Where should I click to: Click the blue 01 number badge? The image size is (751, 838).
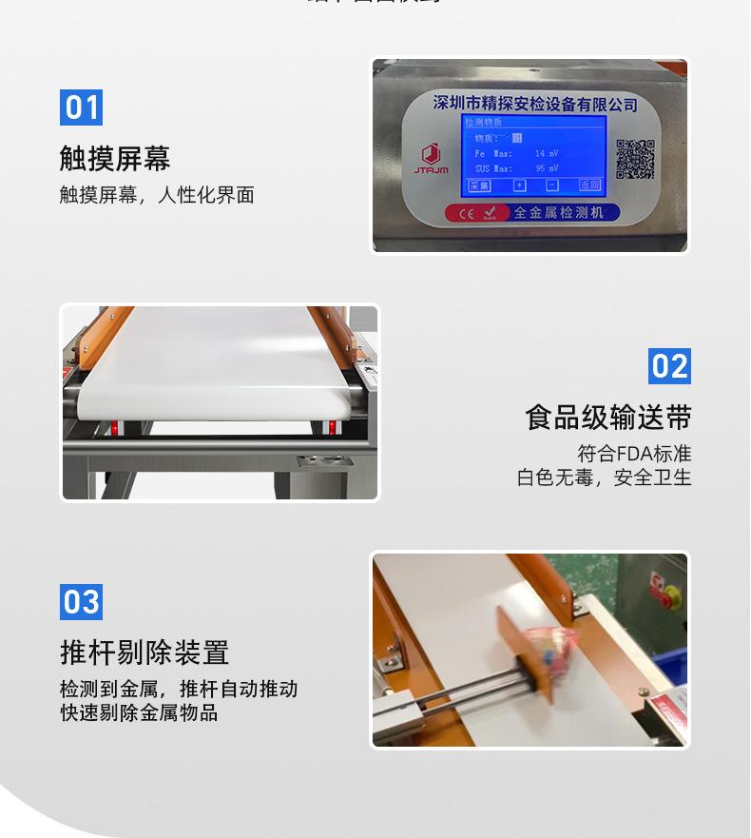point(81,107)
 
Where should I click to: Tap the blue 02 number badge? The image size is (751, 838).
point(669,366)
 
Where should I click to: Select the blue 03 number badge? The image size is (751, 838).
point(81,602)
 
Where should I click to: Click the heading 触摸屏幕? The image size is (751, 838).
point(115,158)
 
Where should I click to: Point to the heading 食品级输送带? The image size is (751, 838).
point(608,418)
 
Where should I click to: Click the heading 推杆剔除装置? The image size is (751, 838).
point(144,653)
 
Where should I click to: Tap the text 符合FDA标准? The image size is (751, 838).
point(634,453)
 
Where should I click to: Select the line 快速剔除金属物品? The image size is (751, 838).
point(139,712)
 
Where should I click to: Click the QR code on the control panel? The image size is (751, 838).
point(635,159)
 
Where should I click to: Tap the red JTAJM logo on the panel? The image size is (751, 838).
point(431,159)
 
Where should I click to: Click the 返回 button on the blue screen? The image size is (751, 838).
point(589,185)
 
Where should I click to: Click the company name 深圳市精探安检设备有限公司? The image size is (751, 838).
point(534,104)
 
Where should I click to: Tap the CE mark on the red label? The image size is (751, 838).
point(466,214)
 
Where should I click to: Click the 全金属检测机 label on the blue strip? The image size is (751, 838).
point(558,213)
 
